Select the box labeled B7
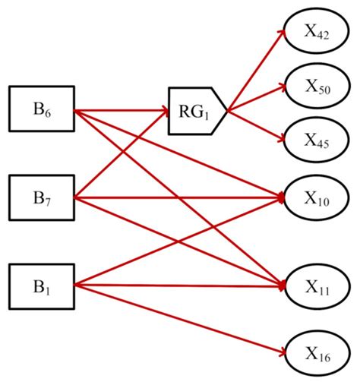(41, 199)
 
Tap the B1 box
(41, 286)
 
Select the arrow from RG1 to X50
(258, 99)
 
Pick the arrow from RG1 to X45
(258, 126)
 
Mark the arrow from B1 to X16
(182, 319)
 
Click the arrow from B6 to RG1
(122, 112)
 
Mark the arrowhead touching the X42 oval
(283, 34)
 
